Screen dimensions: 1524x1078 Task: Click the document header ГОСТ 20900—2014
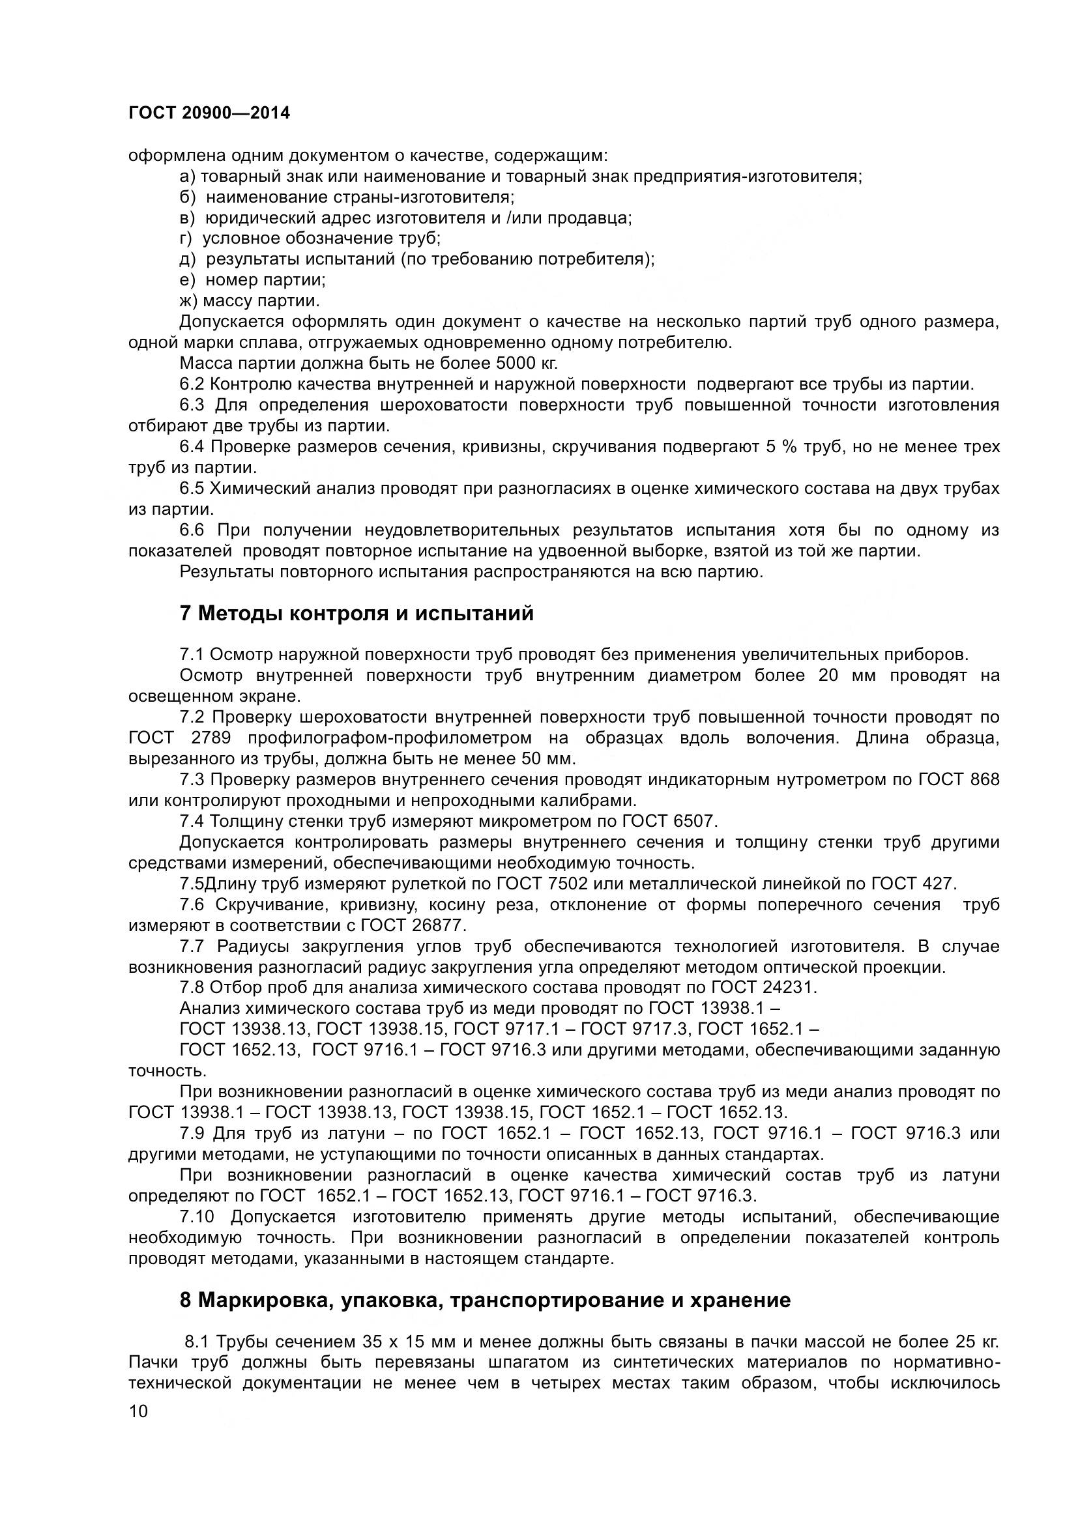209,113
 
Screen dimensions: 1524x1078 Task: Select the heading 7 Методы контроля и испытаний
357,613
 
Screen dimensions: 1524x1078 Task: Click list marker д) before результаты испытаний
188,259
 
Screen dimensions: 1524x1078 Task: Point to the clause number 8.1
197,1342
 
